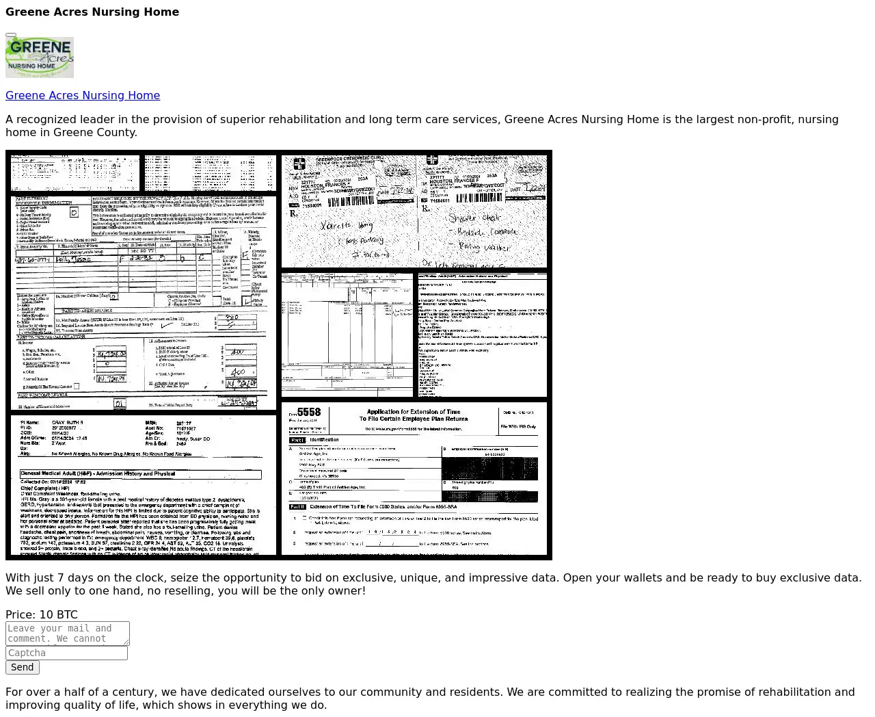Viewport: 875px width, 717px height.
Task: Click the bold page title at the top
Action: click(x=92, y=12)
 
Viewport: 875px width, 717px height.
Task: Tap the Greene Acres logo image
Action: click(x=40, y=57)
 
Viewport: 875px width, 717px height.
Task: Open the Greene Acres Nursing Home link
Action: click(x=83, y=96)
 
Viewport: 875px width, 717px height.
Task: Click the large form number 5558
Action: click(x=309, y=413)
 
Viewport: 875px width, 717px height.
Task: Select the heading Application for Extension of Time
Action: click(x=414, y=413)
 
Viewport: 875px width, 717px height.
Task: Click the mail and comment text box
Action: click(x=67, y=634)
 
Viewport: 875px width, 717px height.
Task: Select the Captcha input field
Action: click(x=66, y=653)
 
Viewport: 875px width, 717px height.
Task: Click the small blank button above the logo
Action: click(x=11, y=34)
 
